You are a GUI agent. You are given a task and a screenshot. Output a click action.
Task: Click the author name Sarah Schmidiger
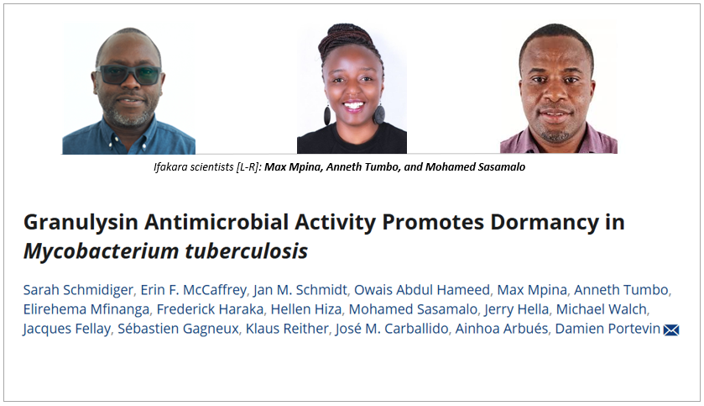coord(78,290)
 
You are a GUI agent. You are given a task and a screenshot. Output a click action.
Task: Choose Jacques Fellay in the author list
coord(67,329)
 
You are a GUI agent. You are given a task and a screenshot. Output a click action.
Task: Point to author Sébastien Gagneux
coord(178,329)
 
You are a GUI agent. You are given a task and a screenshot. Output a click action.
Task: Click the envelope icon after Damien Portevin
coord(671,330)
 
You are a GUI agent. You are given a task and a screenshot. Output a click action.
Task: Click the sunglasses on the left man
coord(128,75)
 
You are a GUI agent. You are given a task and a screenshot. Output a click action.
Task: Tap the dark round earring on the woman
coord(379,113)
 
